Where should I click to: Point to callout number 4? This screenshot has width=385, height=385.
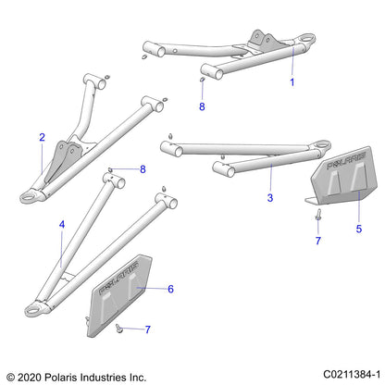tap(62, 225)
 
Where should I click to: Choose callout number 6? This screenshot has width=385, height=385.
tap(169, 290)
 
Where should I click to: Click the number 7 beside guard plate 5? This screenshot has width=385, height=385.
tap(317, 241)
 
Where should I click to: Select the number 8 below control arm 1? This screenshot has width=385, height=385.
tap(203, 107)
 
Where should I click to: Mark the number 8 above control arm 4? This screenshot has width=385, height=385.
tap(143, 169)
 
